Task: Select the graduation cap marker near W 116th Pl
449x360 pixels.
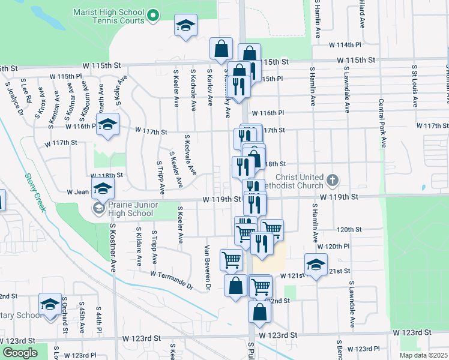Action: tap(108, 125)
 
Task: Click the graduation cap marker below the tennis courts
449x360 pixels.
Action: tap(185, 26)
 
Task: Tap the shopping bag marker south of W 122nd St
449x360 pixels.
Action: tap(260, 311)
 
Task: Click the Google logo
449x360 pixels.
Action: tap(20, 353)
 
